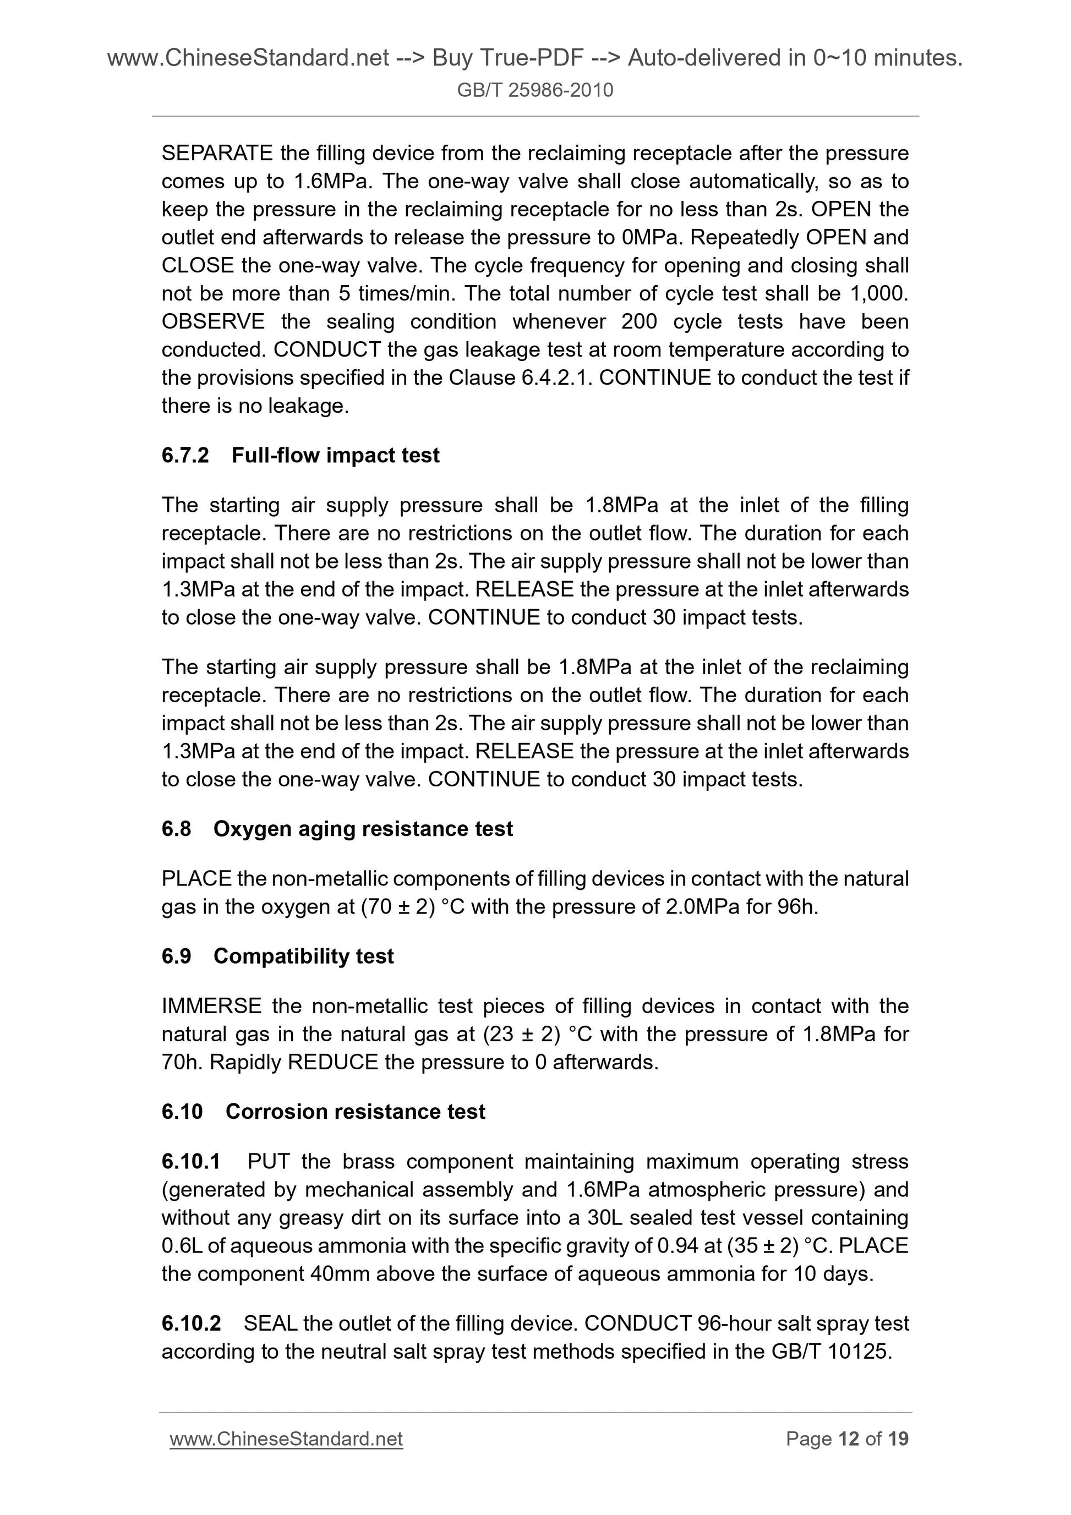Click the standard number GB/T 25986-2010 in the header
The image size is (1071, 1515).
[x=535, y=90]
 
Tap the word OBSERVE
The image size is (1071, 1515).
[x=212, y=321]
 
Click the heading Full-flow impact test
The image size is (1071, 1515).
[x=335, y=455]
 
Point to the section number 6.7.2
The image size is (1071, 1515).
[x=185, y=455]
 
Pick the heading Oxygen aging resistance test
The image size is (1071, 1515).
[x=363, y=829]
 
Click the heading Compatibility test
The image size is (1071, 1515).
[x=304, y=956]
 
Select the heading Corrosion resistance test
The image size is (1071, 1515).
[x=355, y=1112]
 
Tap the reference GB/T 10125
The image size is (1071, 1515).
[x=831, y=1352]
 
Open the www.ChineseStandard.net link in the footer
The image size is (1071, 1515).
[x=286, y=1439]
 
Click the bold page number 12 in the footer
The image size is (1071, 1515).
[x=848, y=1439]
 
